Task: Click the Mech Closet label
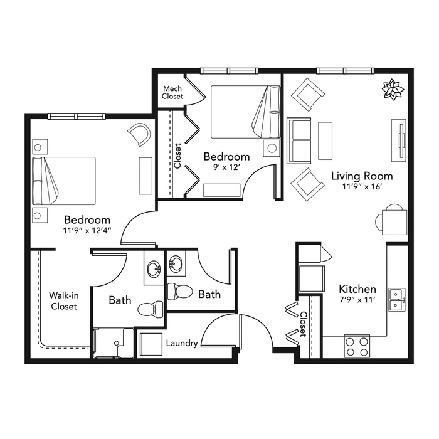click(x=172, y=92)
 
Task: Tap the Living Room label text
click(x=362, y=176)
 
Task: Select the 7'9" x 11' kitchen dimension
click(x=357, y=300)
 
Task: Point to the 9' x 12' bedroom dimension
click(x=226, y=167)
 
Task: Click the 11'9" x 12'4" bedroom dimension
click(x=87, y=231)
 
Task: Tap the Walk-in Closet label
click(x=64, y=300)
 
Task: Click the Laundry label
click(x=182, y=343)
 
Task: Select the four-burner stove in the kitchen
click(x=357, y=346)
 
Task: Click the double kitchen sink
click(x=397, y=300)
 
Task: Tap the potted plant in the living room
click(x=393, y=90)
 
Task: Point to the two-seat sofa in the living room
click(x=299, y=141)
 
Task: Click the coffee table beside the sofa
click(x=325, y=140)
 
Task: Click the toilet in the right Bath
click(x=180, y=292)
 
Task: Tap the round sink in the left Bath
click(x=154, y=268)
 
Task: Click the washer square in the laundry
click(x=151, y=344)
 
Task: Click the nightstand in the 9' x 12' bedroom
click(x=272, y=149)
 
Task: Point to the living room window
click(x=345, y=71)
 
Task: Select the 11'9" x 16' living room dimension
click(x=362, y=186)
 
